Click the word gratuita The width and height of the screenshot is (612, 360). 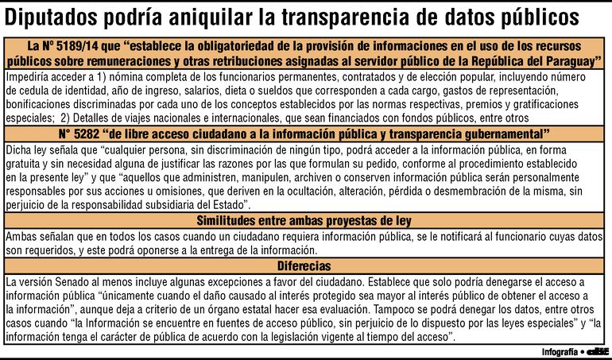pos(24,164)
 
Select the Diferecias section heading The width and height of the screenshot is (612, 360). pos(305,266)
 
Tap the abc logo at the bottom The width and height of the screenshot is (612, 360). pos(597,350)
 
